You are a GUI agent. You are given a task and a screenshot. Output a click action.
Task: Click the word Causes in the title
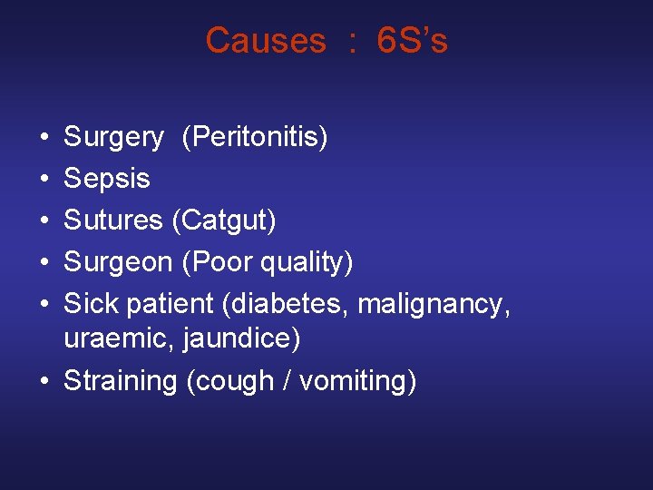265,41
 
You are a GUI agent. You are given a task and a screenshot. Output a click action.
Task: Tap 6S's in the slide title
412,41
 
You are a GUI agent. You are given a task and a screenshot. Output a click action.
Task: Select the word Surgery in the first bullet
113,138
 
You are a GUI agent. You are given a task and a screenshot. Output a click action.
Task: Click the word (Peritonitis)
255,138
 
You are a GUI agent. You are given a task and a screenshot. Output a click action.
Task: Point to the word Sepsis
106,178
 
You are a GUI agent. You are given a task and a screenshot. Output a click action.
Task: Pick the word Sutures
112,220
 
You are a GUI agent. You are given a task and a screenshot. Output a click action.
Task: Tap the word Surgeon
118,261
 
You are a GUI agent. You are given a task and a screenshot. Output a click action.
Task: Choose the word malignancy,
434,303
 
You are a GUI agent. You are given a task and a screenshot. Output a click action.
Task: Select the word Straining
120,381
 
